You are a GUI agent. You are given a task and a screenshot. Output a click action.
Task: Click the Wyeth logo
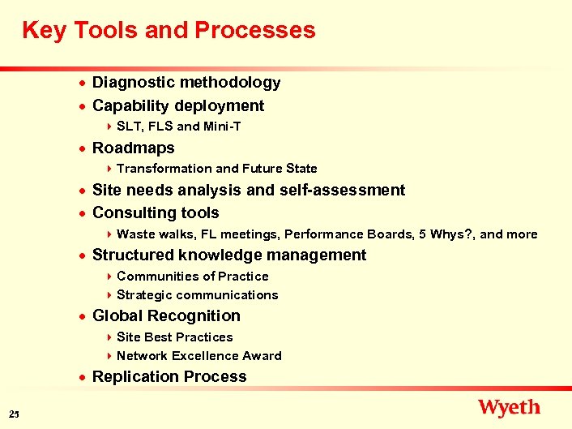(x=509, y=407)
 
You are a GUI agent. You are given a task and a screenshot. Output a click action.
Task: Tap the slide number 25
(x=15, y=415)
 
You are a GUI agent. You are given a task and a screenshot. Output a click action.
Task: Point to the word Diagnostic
(x=133, y=83)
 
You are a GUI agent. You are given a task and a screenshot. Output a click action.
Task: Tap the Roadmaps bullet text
(x=134, y=148)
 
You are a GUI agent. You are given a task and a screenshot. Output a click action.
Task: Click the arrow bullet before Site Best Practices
(x=109, y=337)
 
